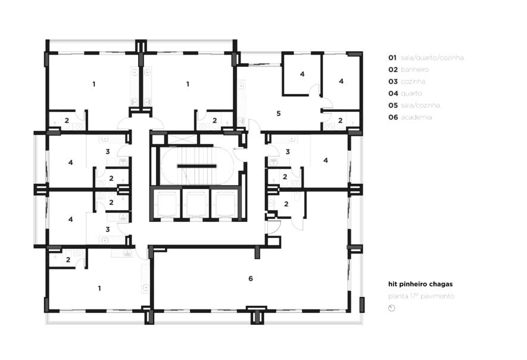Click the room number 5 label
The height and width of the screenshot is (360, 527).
click(x=278, y=114)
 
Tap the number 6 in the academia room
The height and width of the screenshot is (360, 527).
click(x=250, y=278)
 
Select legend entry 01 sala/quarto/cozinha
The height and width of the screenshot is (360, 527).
click(x=426, y=58)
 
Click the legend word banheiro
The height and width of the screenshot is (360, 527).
click(x=414, y=70)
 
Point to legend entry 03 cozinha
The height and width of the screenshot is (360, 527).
click(x=407, y=82)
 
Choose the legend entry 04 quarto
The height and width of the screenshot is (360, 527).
click(x=405, y=93)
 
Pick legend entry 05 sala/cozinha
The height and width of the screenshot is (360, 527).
click(x=414, y=105)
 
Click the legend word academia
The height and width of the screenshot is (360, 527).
click(x=416, y=117)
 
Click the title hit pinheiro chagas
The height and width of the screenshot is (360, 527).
click(x=420, y=284)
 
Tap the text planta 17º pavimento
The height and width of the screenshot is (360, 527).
click(x=421, y=296)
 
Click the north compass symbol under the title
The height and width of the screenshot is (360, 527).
click(x=392, y=308)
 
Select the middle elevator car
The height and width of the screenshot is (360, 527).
click(x=196, y=204)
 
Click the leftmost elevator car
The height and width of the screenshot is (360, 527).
click(x=167, y=204)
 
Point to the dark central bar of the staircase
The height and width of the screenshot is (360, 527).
click(x=197, y=166)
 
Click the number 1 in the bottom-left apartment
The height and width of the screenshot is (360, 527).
click(x=99, y=288)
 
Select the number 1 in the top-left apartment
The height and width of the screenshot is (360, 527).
click(x=93, y=84)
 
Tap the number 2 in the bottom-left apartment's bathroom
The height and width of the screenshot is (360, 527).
click(x=68, y=259)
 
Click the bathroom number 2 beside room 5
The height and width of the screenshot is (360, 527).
click(x=340, y=120)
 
